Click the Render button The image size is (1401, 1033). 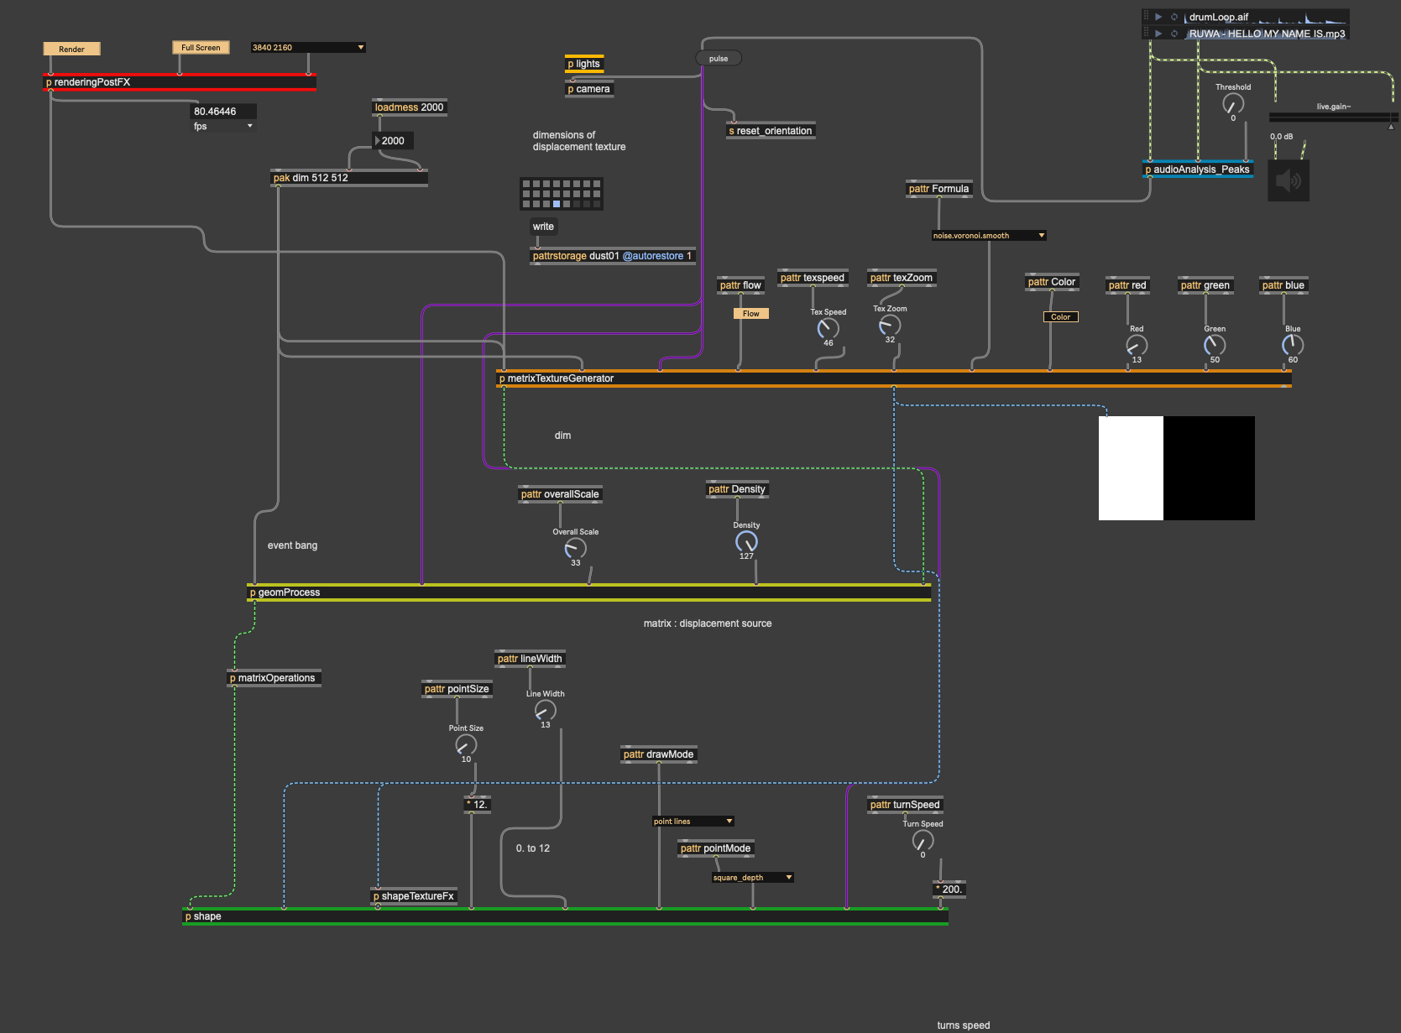coord(71,49)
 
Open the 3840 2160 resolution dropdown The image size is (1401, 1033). coord(308,48)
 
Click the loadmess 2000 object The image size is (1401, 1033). coord(409,107)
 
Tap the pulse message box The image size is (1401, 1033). coord(719,59)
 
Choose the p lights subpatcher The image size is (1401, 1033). coord(584,64)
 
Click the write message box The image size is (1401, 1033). coord(543,227)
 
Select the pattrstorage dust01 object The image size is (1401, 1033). coord(612,256)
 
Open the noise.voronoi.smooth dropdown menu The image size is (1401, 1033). coord(989,236)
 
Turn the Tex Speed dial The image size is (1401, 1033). coord(829,329)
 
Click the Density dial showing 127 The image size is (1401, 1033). coord(746,542)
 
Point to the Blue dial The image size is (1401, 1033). coord(1293,345)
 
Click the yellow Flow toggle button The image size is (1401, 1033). coord(750,314)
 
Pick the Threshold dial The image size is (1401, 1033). coord(1233,104)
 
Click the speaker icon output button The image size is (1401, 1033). coord(1288,180)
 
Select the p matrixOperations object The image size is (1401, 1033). coord(274,678)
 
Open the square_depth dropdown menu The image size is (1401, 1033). coord(752,878)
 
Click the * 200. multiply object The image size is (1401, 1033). coord(949,890)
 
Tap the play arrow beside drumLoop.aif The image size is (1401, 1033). coord(1158,17)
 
